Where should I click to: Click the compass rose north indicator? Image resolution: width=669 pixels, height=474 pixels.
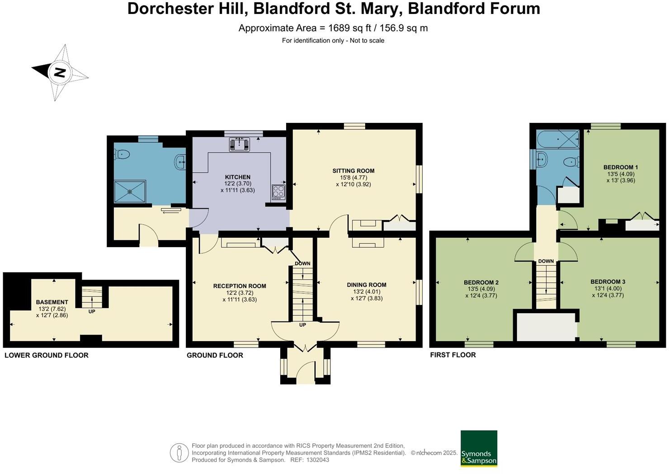point(59,72)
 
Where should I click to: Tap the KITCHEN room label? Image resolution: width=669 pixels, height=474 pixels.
point(238,177)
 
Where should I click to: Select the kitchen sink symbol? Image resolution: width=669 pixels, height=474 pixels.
point(240,144)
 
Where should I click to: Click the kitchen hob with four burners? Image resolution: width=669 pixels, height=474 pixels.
point(278,192)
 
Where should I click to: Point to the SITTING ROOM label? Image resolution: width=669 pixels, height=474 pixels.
point(353,171)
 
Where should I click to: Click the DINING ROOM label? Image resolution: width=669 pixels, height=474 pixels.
point(367,285)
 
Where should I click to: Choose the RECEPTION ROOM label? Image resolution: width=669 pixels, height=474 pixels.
point(240,286)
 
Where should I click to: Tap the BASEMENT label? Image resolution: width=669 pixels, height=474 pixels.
point(52,302)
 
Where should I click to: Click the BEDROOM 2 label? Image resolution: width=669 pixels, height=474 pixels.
point(481,283)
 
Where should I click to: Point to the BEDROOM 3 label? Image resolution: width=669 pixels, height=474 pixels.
point(608,282)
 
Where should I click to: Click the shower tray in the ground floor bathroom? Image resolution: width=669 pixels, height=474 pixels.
point(130,192)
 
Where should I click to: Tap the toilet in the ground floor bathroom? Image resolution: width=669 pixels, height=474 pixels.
point(122,155)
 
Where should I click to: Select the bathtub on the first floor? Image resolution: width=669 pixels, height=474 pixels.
point(558,139)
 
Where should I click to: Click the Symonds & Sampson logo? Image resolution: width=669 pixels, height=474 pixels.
point(479,449)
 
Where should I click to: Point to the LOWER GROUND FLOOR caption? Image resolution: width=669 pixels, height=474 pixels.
point(47,355)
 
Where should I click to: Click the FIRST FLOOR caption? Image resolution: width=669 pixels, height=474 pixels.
point(453,355)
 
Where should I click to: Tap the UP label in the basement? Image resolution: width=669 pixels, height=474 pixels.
point(92,311)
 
